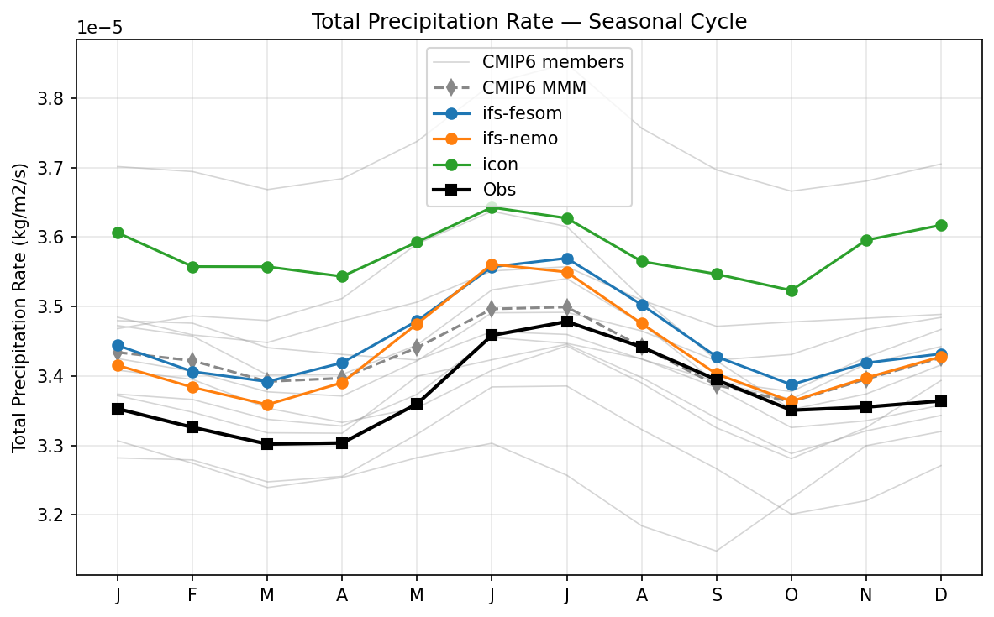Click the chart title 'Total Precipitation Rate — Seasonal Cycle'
coord(529,22)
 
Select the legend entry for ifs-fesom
coord(522,112)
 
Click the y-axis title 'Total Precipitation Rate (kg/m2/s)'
coord(19,307)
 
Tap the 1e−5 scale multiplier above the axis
coord(100,28)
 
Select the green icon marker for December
coord(941,225)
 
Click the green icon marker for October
coord(792,290)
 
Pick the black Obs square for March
coord(267,443)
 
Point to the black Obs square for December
coord(941,401)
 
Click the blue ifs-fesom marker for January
coord(118,345)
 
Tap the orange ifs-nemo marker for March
coord(267,405)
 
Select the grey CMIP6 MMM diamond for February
coord(192,360)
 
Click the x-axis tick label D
coord(941,594)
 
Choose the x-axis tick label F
coord(192,594)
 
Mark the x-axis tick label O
coord(792,594)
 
